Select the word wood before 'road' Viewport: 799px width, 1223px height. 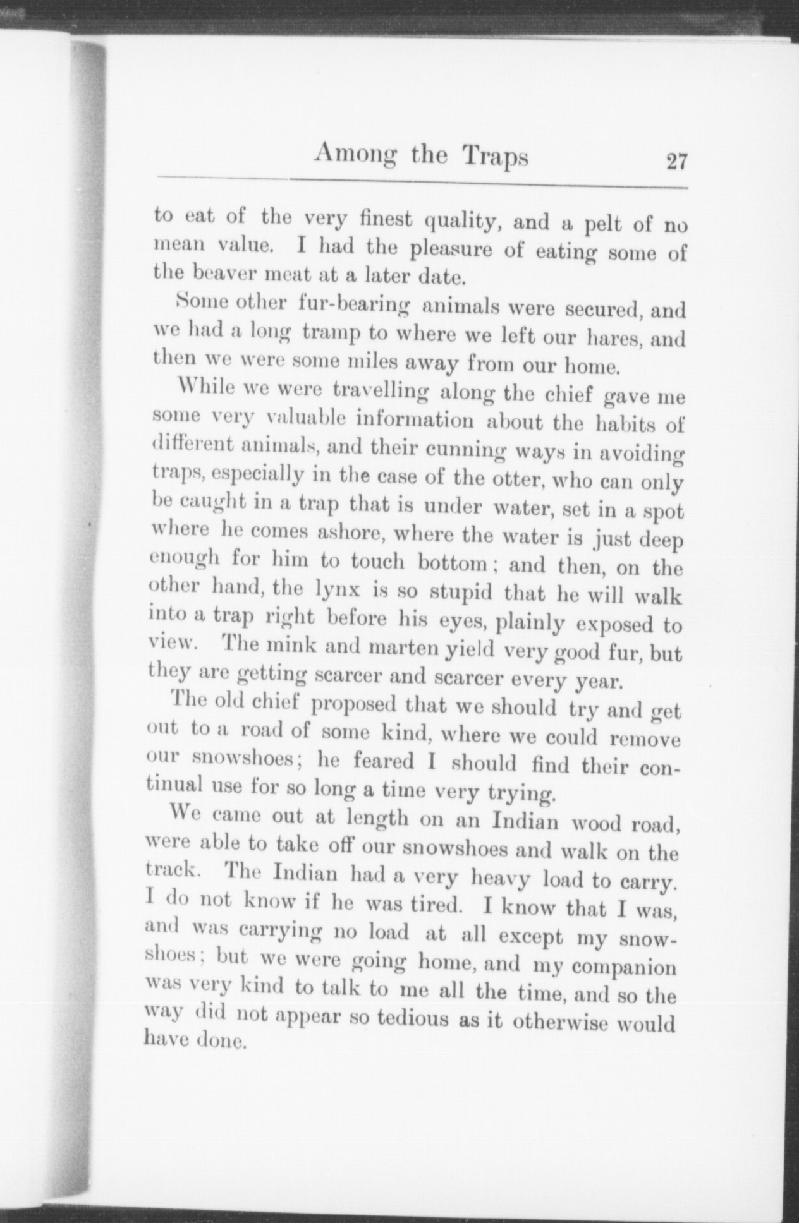595,825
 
